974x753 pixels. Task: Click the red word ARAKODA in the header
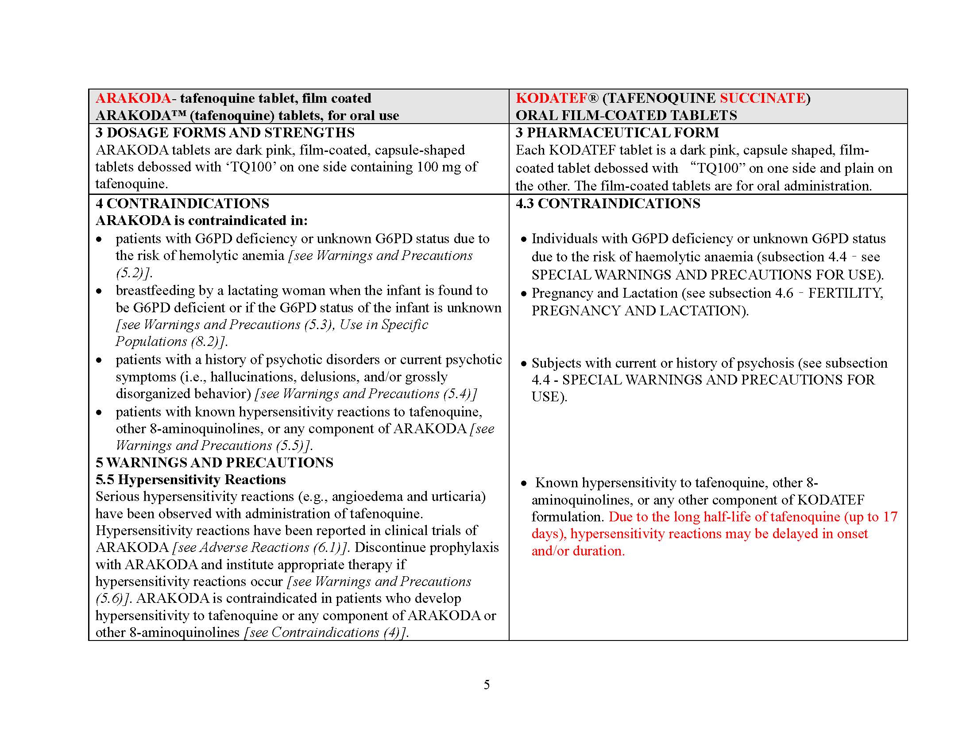point(133,98)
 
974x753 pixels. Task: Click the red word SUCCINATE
point(762,98)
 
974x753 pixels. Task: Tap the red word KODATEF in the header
point(552,98)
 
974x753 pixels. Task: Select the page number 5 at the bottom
point(487,684)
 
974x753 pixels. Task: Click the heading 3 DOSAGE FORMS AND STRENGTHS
point(225,132)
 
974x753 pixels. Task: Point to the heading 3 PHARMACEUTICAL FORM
point(617,132)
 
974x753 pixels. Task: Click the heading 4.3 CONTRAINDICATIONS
point(608,203)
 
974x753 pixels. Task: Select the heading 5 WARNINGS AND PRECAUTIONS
point(215,462)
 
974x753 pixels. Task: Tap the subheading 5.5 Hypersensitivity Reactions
point(190,480)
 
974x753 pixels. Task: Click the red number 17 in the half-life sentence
point(890,516)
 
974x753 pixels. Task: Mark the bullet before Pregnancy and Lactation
point(524,294)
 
